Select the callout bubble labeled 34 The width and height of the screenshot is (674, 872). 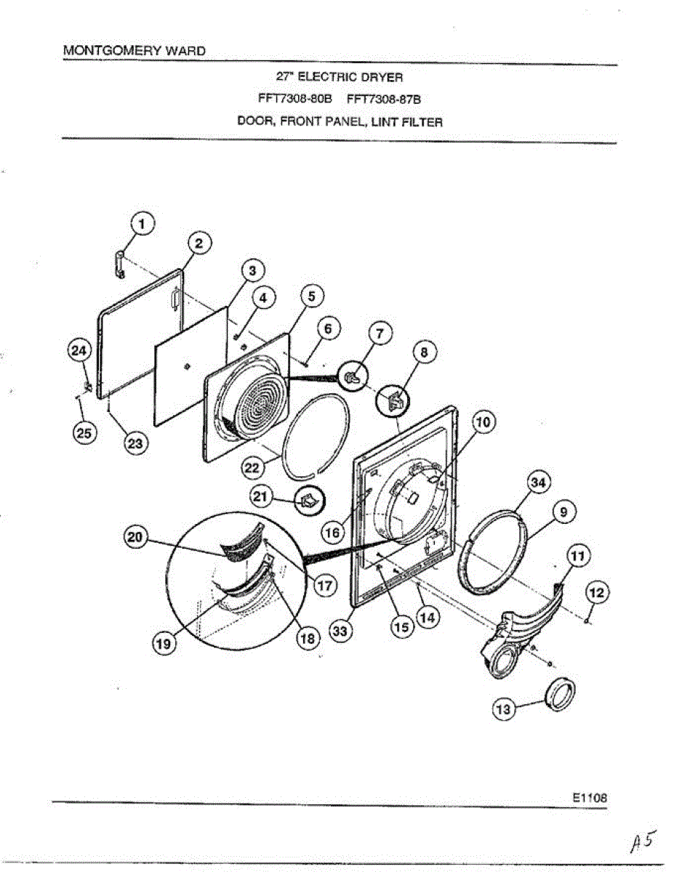[x=539, y=483]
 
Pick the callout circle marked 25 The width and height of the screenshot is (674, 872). [x=84, y=434]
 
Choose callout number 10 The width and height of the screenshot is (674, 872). [x=484, y=421]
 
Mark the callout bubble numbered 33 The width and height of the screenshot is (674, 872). [x=340, y=631]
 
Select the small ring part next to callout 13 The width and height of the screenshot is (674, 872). [x=562, y=693]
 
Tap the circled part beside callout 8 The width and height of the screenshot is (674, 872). [x=394, y=400]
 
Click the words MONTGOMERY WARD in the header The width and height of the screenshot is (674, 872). [x=134, y=51]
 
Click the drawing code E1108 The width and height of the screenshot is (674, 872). [x=589, y=796]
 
